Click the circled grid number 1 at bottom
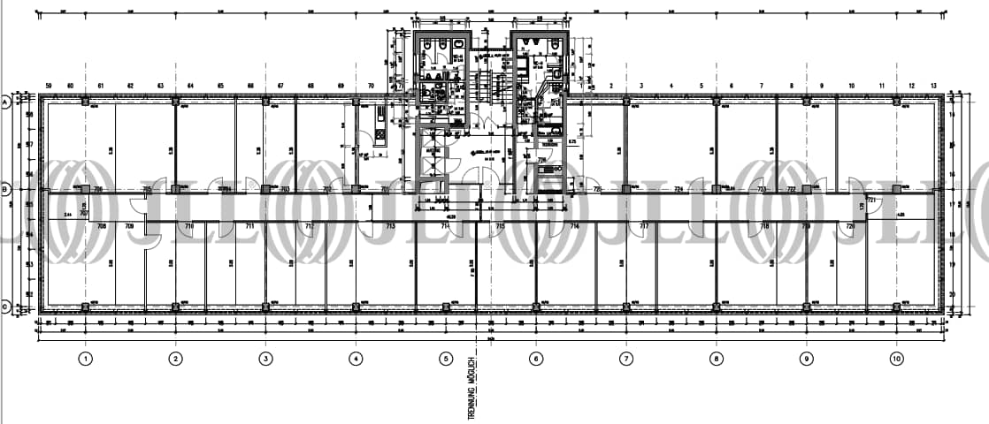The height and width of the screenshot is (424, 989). coord(85,359)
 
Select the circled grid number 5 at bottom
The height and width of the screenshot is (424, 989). coord(446,359)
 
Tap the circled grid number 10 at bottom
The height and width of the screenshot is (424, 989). coord(896,359)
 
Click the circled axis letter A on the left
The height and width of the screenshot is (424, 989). coord(5,102)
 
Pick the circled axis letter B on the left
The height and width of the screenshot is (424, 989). coord(5,189)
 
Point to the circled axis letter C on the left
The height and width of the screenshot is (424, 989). coord(5,307)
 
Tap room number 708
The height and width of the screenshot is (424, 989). coord(101,227)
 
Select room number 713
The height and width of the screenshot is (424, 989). coord(390,227)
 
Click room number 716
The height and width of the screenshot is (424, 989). coord(574,227)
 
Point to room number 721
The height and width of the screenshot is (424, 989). coord(870,201)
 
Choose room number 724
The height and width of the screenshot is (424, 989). coord(679,189)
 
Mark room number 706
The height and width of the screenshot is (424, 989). coord(98,189)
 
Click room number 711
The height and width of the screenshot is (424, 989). coord(249,227)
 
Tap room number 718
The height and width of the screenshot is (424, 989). coord(764,227)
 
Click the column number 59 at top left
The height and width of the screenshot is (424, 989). coord(49,85)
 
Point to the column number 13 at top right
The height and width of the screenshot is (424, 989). coord(934,85)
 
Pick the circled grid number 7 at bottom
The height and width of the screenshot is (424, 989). coord(626,359)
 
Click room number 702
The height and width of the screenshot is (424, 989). coord(326,189)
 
